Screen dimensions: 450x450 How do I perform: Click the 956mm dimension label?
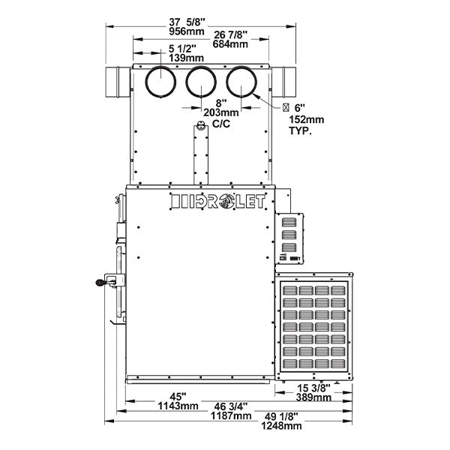tap(187, 31)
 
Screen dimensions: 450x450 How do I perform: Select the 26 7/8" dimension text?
tap(230, 34)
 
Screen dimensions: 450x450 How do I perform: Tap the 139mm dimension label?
tap(186, 58)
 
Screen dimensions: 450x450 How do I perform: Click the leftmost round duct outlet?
tap(160, 82)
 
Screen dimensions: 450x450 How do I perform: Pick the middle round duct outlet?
tap(201, 82)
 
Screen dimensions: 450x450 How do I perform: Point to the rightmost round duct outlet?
tap(241, 82)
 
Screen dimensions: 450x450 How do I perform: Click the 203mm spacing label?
tap(221, 112)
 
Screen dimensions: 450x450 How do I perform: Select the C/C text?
tap(221, 124)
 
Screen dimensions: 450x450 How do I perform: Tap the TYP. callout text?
tap(300, 130)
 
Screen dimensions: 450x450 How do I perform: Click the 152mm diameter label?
tap(306, 119)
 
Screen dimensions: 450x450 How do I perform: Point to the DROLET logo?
tap(217, 201)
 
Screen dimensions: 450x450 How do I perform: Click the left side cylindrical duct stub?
tap(118, 82)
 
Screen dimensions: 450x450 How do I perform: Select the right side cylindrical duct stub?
tap(283, 82)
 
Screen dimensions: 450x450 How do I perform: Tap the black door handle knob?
tap(100, 283)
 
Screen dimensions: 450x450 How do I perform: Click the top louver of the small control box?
tap(289, 222)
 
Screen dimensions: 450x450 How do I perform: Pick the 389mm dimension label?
tap(313, 397)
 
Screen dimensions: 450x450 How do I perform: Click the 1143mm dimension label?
tap(178, 406)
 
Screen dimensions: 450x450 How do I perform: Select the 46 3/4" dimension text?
tap(231, 406)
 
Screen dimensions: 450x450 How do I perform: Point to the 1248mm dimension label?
tap(281, 425)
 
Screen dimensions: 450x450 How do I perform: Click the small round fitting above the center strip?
tap(201, 125)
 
